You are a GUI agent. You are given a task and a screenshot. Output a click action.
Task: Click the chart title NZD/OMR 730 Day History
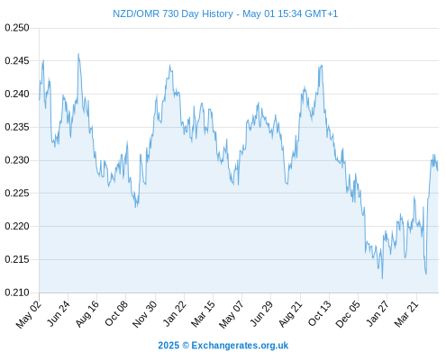(x=173, y=13)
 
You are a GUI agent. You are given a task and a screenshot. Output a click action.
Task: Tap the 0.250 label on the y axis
(x=17, y=28)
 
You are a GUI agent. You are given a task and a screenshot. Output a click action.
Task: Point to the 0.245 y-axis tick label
(x=17, y=61)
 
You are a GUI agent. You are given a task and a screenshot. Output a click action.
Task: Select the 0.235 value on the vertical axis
(x=17, y=127)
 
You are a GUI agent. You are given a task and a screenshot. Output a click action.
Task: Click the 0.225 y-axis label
(x=17, y=193)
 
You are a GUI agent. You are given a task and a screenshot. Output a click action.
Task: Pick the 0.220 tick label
(x=17, y=226)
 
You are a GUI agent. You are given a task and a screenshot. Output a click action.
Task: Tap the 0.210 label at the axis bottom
(x=17, y=292)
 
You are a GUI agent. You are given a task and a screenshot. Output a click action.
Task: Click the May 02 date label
(x=29, y=314)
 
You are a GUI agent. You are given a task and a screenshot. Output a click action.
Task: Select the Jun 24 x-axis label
(x=58, y=313)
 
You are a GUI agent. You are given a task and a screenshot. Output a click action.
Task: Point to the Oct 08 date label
(x=116, y=313)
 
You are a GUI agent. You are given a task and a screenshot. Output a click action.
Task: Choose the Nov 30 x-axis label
(x=144, y=314)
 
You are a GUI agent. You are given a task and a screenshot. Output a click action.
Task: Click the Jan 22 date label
(x=175, y=313)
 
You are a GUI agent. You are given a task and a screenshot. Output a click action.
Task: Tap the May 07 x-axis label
(x=231, y=314)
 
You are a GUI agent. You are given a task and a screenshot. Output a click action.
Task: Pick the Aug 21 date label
(x=290, y=313)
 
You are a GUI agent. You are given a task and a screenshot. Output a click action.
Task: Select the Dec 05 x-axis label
(x=348, y=314)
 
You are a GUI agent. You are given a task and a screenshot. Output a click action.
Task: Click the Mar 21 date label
(x=406, y=313)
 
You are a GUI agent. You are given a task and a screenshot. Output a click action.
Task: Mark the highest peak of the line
(x=78, y=54)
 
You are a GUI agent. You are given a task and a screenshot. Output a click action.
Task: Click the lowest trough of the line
(x=382, y=278)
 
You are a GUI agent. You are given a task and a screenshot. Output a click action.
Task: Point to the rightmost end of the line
(x=438, y=171)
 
